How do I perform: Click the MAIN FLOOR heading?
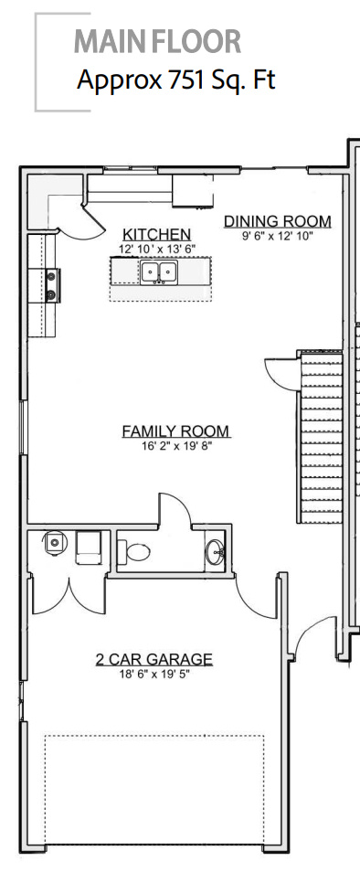[x=157, y=42]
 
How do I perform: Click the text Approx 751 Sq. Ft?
[x=175, y=80]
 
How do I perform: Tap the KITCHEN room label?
[x=157, y=235]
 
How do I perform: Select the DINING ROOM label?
[x=277, y=221]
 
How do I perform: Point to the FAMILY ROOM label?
[x=175, y=431]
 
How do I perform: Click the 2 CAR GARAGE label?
[x=154, y=659]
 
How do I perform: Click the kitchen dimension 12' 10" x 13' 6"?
[x=157, y=249]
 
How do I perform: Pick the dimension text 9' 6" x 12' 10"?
[x=277, y=235]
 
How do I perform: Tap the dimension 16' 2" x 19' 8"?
[x=175, y=445]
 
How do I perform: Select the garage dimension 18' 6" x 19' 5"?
[x=154, y=674]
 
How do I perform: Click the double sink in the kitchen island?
[x=158, y=271]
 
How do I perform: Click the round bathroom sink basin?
[x=216, y=551]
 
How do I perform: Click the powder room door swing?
[x=175, y=508]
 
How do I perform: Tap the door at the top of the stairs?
[x=281, y=370]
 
